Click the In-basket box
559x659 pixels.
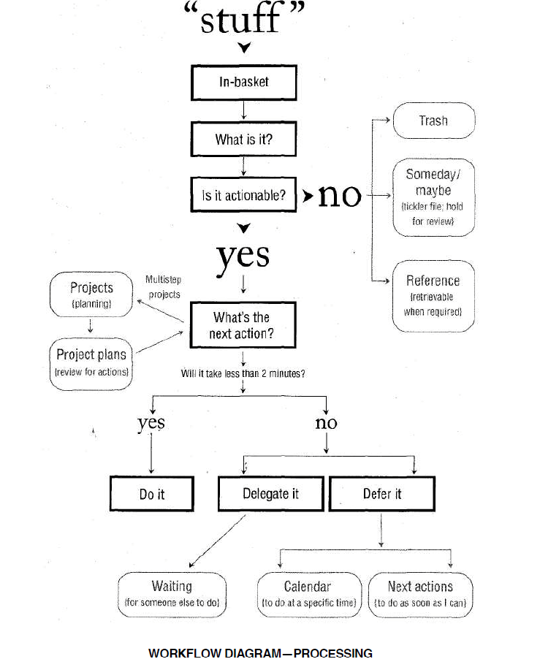[x=243, y=83]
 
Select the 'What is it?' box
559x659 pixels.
[x=243, y=139]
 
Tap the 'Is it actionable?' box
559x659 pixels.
[x=243, y=195]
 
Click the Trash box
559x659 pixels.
[x=433, y=121]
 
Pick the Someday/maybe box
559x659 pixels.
[x=433, y=197]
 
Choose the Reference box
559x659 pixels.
[x=433, y=295]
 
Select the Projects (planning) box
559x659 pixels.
[x=91, y=294]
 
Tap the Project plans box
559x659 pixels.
[x=91, y=362]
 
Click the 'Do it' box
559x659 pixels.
[x=152, y=494]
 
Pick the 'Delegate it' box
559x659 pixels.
[x=270, y=494]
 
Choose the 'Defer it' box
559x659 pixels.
[x=381, y=494]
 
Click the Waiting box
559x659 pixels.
[x=172, y=594]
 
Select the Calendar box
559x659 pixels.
[x=308, y=594]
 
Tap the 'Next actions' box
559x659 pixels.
[x=420, y=594]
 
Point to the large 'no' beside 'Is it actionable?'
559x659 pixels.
[x=340, y=195]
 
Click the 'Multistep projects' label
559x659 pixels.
[x=164, y=287]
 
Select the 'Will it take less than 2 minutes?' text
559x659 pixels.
[x=243, y=373]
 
